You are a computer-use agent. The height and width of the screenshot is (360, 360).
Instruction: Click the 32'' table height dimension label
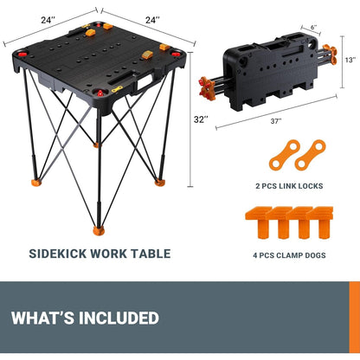coord(201,119)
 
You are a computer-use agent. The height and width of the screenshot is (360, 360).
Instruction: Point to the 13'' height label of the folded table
coord(350,60)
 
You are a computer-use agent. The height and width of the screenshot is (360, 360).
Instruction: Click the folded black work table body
coord(274,67)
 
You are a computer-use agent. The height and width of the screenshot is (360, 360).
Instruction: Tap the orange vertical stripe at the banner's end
coord(354,318)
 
